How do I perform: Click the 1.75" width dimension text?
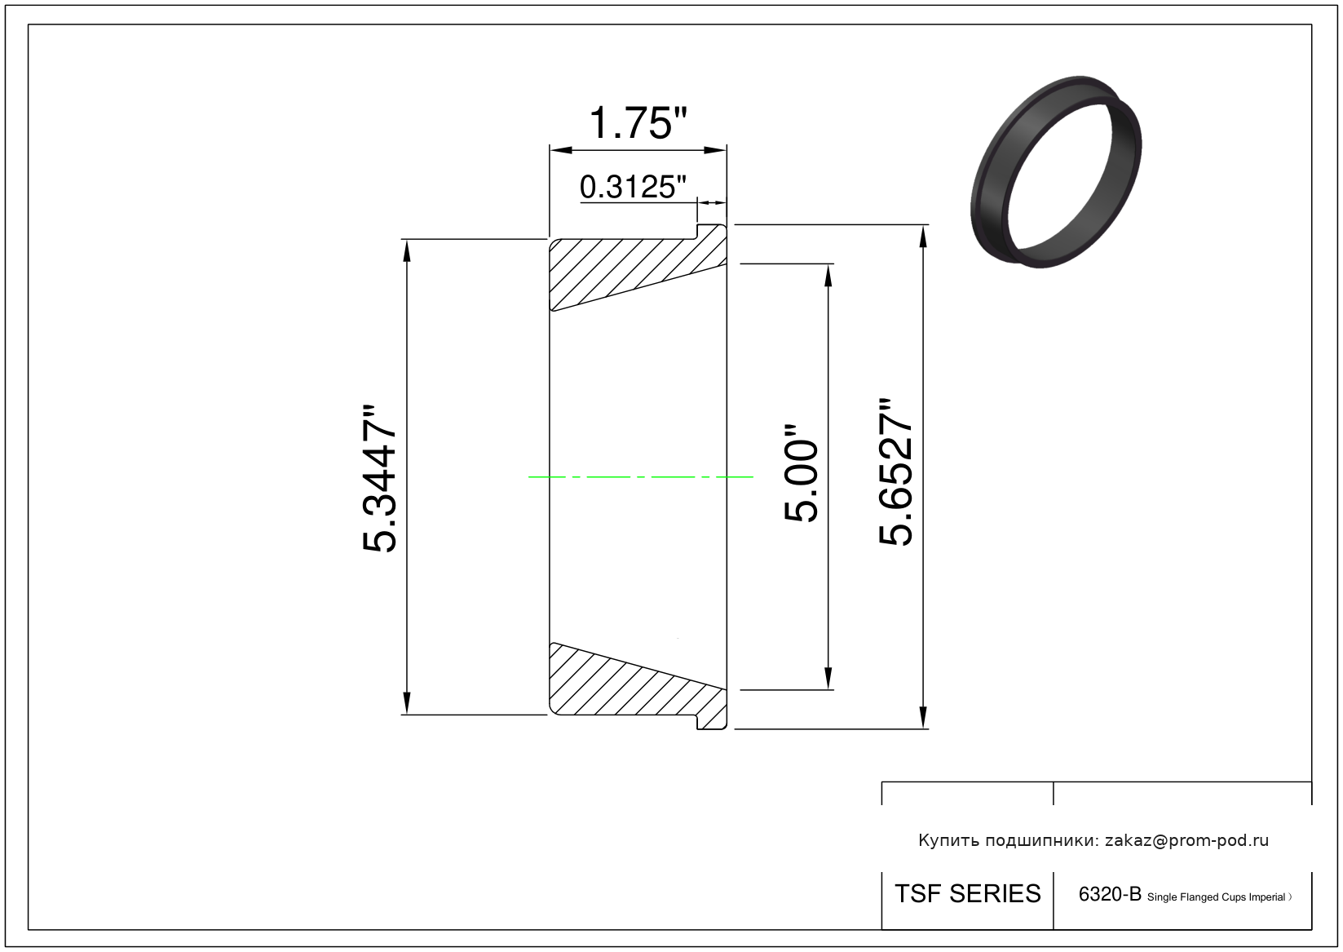tap(638, 123)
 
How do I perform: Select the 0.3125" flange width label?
tap(633, 187)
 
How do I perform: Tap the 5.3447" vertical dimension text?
tap(379, 477)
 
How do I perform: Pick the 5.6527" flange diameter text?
tap(895, 472)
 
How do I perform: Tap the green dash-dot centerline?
tap(640, 477)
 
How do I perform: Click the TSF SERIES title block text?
tap(967, 894)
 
